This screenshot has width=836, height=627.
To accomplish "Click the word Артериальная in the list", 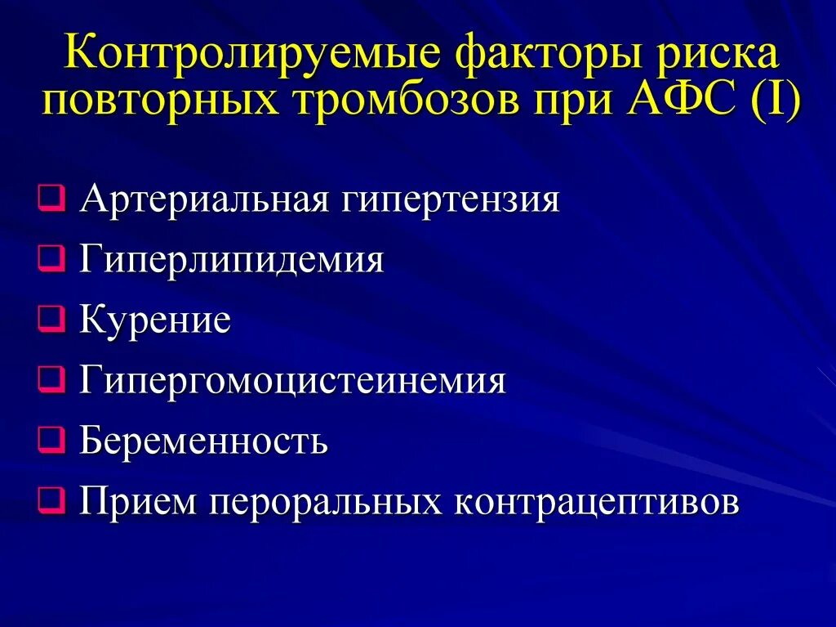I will tap(203, 199).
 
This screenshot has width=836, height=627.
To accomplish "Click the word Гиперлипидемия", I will tap(232, 261).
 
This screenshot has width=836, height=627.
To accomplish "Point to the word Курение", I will tap(155, 320).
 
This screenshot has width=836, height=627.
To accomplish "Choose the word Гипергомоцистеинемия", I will tap(293, 382).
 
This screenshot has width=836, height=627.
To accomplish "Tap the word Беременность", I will tap(204, 441).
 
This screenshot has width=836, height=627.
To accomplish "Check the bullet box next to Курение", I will tap(51, 320).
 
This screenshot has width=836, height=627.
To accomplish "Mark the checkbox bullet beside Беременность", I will tap(51, 441).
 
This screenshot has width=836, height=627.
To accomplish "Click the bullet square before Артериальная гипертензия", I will tap(51, 200).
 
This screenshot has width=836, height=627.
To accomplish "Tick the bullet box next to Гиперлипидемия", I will tap(51, 260).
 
